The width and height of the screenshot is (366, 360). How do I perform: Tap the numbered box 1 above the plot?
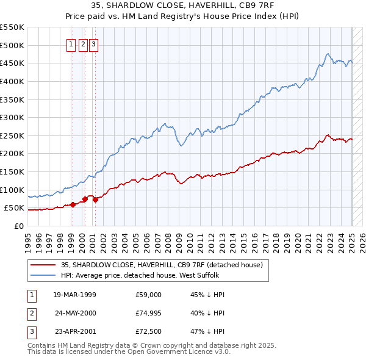click(71, 43)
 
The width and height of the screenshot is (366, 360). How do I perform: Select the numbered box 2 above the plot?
click(83, 43)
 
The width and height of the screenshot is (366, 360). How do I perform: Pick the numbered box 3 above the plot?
click(93, 43)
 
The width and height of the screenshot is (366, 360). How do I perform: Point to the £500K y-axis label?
click(12, 45)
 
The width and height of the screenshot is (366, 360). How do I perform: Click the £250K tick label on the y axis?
click(12, 135)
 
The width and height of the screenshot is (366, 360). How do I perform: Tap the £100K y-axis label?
click(12, 190)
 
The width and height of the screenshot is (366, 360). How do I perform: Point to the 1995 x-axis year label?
click(28, 239)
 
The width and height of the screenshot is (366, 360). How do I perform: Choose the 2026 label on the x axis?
click(364, 239)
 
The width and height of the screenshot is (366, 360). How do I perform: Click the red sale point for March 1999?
click(73, 204)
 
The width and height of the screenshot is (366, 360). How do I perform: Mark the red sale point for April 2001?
click(95, 200)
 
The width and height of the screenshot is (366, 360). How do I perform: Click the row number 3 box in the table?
click(30, 333)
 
